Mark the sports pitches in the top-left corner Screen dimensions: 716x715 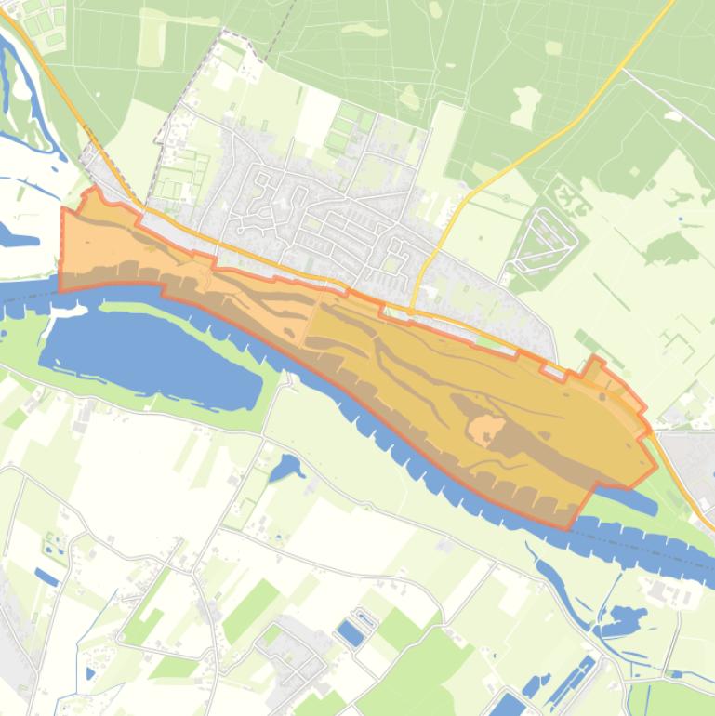click(x=42, y=23)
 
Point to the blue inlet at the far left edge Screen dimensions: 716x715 click(x=19, y=237)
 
